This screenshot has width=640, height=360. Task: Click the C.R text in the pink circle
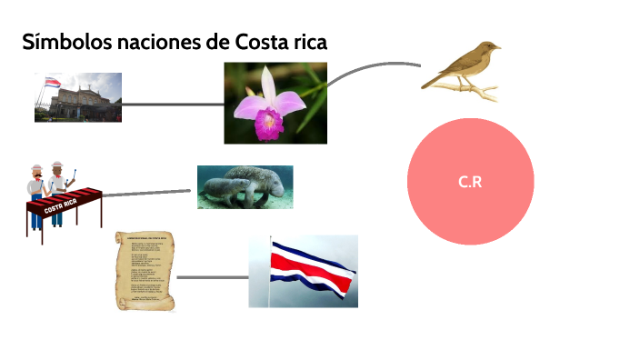pos(469,182)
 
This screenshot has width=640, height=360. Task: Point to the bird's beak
pos(497,45)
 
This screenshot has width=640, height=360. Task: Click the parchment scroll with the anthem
pos(145,271)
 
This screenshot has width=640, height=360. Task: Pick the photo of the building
pos(78,98)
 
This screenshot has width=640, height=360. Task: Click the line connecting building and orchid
pos(173,104)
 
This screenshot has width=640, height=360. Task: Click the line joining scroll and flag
pos(212,276)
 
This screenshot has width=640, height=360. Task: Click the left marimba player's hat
pos(36,167)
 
